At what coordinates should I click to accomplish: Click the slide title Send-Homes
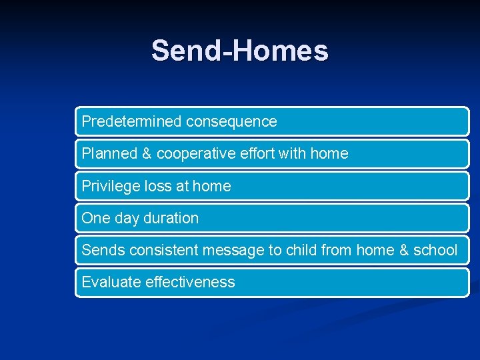[x=239, y=51]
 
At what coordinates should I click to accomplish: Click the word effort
[x=255, y=153]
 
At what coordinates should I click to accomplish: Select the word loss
[x=157, y=186]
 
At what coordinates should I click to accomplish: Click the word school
[x=435, y=250]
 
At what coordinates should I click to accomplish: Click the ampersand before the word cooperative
[x=147, y=153]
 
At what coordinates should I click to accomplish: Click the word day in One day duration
[x=127, y=219]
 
